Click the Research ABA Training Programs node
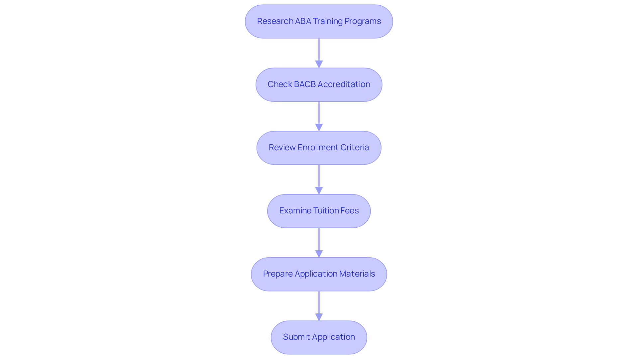click(x=319, y=21)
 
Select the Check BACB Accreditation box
click(x=319, y=84)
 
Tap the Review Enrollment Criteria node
click(x=319, y=148)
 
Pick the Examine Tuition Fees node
click(x=319, y=211)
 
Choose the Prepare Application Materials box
click(x=319, y=274)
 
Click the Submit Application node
click(x=319, y=337)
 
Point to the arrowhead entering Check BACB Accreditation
click(x=319, y=64)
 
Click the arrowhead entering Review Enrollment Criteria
click(x=319, y=127)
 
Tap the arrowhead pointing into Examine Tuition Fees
click(x=319, y=190)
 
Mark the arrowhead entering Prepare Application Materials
click(x=319, y=254)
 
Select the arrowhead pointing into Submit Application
click(x=319, y=317)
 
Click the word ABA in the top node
click(x=303, y=21)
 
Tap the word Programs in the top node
click(x=363, y=21)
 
